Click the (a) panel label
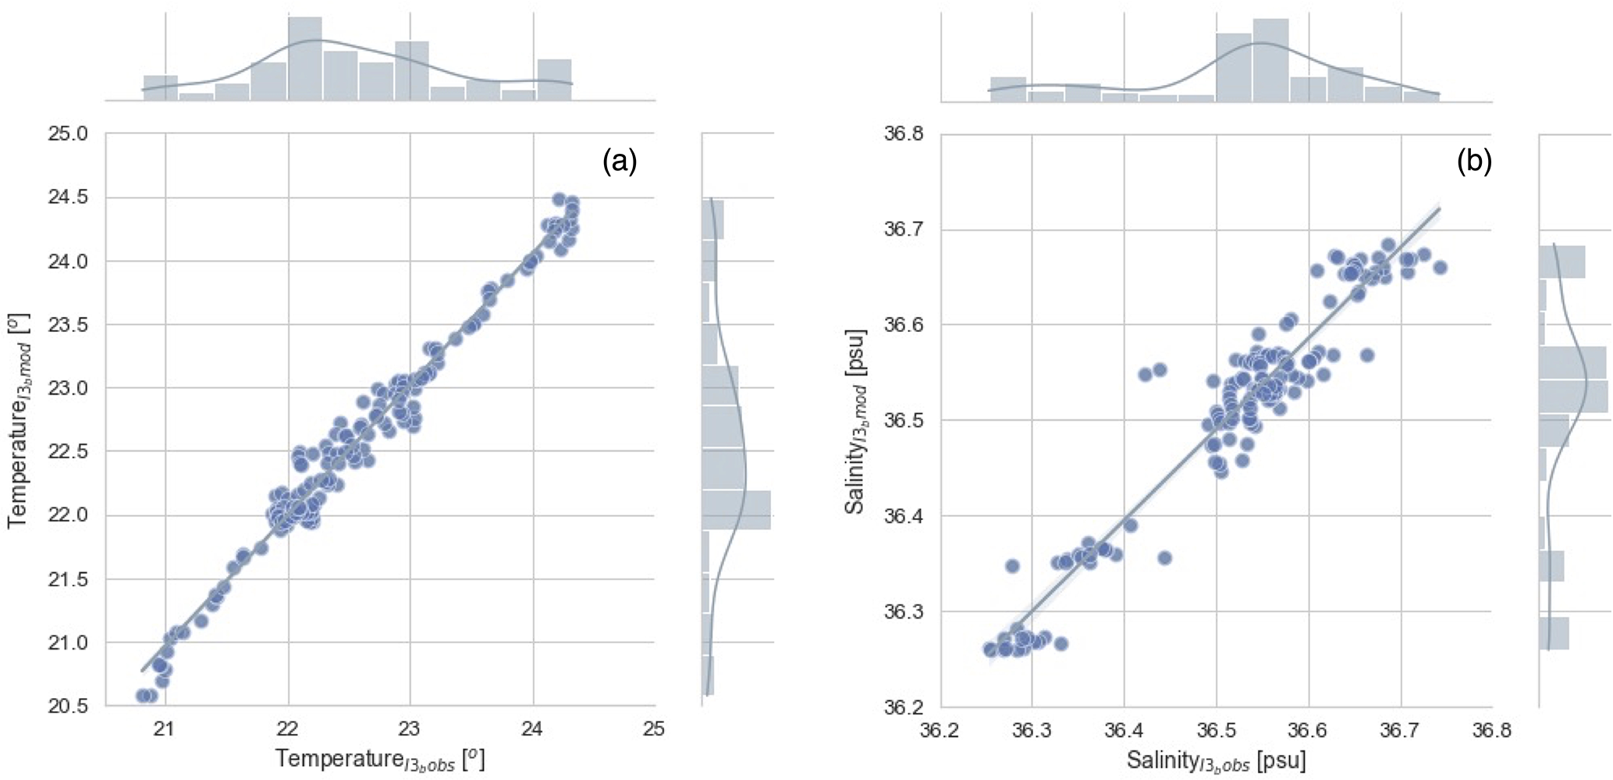tap(620, 161)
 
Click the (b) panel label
tap(1474, 161)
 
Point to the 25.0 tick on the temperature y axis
tap(68, 134)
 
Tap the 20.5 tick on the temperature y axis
tap(68, 707)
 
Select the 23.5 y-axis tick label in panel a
tap(68, 325)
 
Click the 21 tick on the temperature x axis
tap(165, 730)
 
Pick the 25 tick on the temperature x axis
tap(654, 730)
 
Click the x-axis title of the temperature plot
tap(380, 759)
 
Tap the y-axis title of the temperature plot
tap(19, 421)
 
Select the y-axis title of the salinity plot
tap(855, 421)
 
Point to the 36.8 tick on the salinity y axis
tap(904, 134)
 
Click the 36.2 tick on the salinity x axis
tap(941, 732)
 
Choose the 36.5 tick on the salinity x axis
tap(1216, 732)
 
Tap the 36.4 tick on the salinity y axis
tap(904, 516)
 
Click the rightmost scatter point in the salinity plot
tap(1440, 268)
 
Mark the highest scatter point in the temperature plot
tap(559, 199)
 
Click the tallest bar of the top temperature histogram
tap(305, 59)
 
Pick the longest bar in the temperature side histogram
tap(736, 510)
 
